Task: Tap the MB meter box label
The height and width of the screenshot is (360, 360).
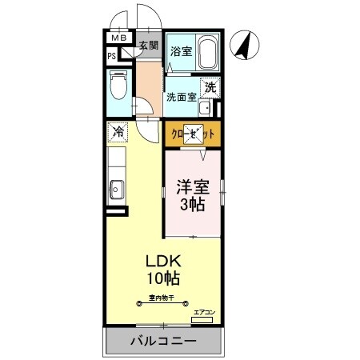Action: click(118, 38)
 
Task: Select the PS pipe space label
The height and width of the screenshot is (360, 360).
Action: click(112, 56)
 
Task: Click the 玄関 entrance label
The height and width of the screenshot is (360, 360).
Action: click(149, 46)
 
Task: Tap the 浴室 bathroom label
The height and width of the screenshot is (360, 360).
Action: click(180, 52)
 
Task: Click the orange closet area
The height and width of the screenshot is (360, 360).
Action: click(192, 134)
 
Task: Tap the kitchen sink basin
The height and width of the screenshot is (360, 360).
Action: click(117, 190)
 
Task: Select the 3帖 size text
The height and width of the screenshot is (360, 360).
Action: click(192, 206)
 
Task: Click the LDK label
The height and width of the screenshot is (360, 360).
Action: click(163, 262)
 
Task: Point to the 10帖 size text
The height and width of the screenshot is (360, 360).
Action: click(163, 279)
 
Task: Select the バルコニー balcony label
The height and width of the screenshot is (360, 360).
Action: click(163, 342)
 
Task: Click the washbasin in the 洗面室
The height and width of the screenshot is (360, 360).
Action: click(205, 108)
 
